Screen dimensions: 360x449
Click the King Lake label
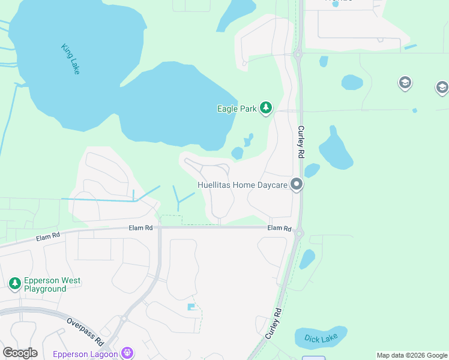pos(70,59)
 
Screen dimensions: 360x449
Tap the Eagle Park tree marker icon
pos(266,109)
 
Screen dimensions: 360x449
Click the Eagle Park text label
pos(237,109)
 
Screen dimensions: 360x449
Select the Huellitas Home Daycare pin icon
pos(296,185)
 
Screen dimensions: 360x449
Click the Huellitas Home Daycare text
pos(242,185)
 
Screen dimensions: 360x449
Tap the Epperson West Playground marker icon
pos(14,283)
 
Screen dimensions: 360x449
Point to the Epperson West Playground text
pos(52,284)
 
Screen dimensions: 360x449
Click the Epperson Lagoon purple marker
pos(127,353)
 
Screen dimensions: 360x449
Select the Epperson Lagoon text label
pos(85,354)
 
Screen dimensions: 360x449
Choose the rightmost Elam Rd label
pos(279,228)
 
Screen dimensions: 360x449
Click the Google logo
pos(20,353)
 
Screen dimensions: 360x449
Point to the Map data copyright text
pos(412,355)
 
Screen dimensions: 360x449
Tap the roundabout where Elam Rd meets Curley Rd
pos(299,233)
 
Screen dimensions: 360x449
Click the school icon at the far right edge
pos(442,88)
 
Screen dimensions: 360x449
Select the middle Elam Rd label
pos(140,228)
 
